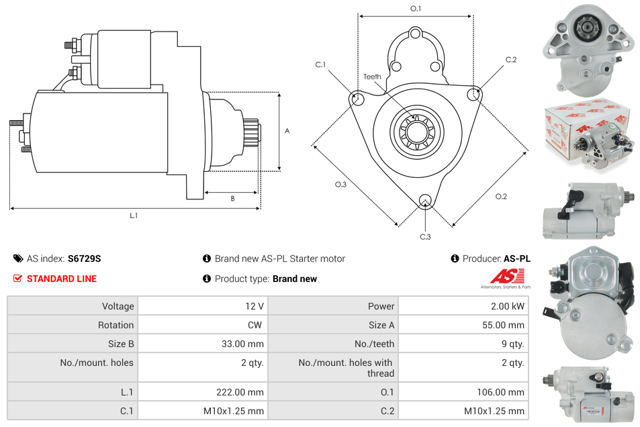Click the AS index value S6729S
click(x=84, y=258)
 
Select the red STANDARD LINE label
click(x=61, y=279)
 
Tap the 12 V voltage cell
click(x=254, y=306)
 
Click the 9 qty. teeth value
click(x=510, y=344)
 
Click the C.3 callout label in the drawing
click(x=425, y=236)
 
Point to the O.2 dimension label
click(x=501, y=197)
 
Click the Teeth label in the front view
click(x=372, y=77)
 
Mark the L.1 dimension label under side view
click(x=134, y=216)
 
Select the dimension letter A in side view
click(x=287, y=131)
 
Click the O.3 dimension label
click(x=340, y=185)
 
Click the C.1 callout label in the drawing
click(x=320, y=64)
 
